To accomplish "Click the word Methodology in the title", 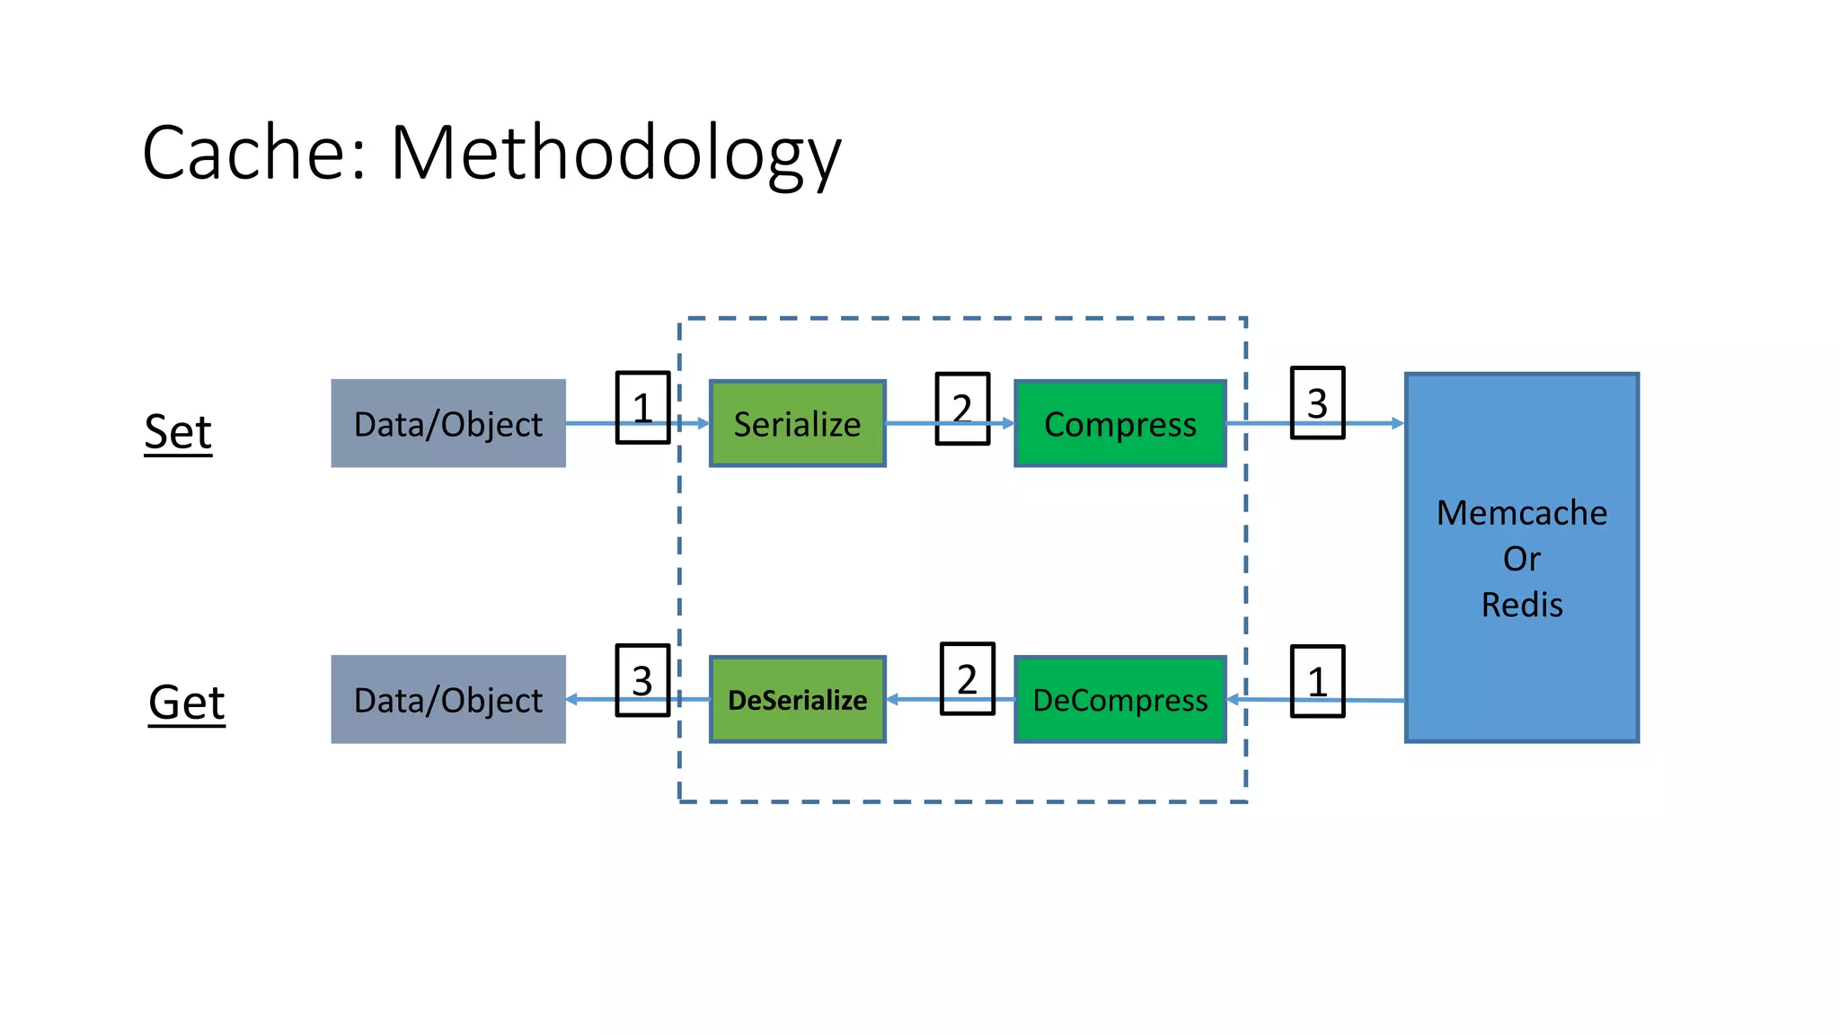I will [615, 153].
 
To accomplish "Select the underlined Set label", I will [178, 432].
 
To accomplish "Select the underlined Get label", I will [186, 702].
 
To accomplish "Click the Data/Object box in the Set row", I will [448, 423].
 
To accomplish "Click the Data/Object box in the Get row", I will [448, 699].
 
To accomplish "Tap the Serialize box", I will [797, 423].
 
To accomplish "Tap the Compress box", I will [1119, 423].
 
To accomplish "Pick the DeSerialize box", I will [797, 699].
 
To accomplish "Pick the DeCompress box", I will [1119, 699].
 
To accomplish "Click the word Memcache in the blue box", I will [1521, 513].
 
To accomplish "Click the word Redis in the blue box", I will [1521, 605].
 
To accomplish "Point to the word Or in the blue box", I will [1521, 559].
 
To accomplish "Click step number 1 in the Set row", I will [642, 407].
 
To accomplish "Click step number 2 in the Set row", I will [962, 408].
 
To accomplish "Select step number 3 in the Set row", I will [1317, 402].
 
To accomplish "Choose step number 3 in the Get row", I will [642, 680].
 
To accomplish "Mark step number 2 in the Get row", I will [967, 678].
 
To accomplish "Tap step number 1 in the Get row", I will [1317, 681].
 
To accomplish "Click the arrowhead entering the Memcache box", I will [1397, 423].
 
